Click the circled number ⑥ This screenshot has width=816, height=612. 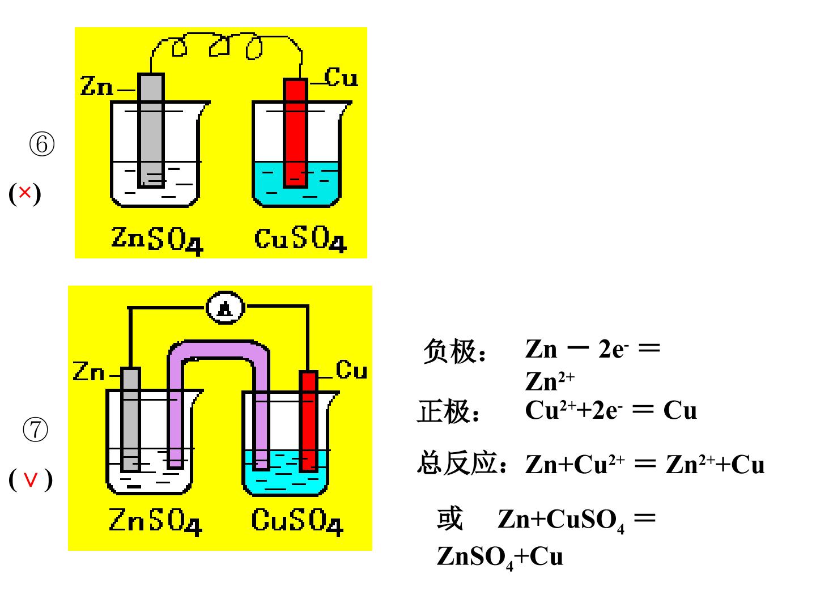pos(41,144)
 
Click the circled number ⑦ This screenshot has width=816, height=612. pos(35,430)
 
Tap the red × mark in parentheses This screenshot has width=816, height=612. pos(25,193)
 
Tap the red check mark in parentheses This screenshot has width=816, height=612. pos(31,479)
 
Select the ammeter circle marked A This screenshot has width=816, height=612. pos(225,307)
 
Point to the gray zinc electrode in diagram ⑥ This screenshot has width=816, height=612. pos(151,130)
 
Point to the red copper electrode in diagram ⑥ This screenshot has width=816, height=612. pos(296,133)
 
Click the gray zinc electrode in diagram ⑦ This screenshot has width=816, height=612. pos(131,419)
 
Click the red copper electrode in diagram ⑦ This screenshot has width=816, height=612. pos(309,421)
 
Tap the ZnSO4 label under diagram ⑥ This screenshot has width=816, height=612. pos(157,240)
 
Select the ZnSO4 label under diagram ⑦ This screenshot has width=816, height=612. pos(155,521)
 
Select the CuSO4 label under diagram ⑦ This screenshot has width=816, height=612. pos(297,521)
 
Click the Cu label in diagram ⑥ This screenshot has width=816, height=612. pos(341,77)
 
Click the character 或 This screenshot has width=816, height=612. pos(449,518)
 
